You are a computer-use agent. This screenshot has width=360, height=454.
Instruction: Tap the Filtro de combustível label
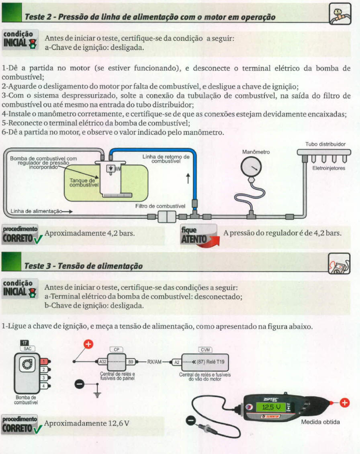coord(160,206)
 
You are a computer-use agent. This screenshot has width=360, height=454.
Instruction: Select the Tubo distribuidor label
coord(325,144)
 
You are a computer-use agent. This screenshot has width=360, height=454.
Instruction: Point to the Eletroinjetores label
coord(329,168)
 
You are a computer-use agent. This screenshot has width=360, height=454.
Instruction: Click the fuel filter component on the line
coord(165,218)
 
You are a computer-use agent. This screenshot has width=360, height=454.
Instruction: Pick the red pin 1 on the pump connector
coord(44,361)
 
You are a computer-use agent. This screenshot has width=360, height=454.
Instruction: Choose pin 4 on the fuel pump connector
coord(44,386)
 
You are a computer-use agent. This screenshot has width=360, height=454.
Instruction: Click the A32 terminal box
coord(102,362)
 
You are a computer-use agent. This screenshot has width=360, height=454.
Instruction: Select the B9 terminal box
coord(131,362)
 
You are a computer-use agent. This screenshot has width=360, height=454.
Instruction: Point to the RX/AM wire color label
coord(154,362)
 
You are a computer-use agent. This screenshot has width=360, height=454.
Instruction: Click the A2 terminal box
coord(176,362)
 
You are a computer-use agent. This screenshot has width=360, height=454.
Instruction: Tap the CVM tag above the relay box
coord(205,350)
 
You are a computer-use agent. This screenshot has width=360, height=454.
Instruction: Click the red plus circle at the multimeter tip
coord(344,403)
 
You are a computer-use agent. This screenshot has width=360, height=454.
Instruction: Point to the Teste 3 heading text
coord(84,266)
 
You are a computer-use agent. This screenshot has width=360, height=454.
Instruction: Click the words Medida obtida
coord(320,422)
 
